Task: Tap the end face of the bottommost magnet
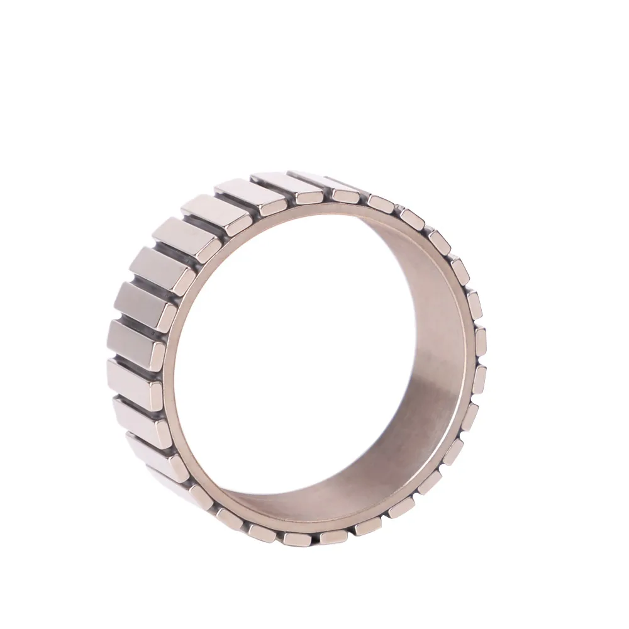[296, 538]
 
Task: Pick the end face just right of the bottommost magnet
[333, 537]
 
